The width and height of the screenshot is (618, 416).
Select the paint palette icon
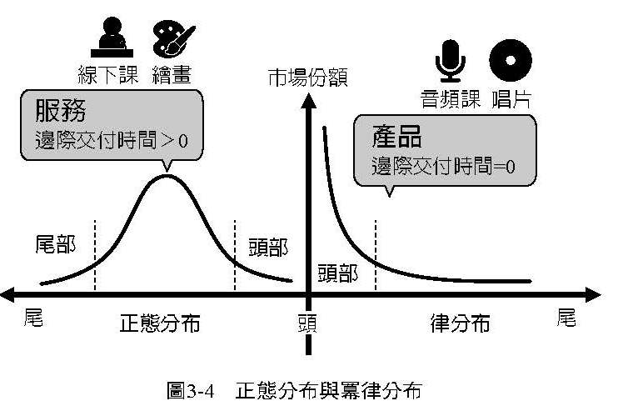[x=172, y=38]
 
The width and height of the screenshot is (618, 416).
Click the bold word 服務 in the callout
[x=61, y=111]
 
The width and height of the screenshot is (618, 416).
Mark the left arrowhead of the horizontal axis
[x=10, y=293]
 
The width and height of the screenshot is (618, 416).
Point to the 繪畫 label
[x=172, y=73]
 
